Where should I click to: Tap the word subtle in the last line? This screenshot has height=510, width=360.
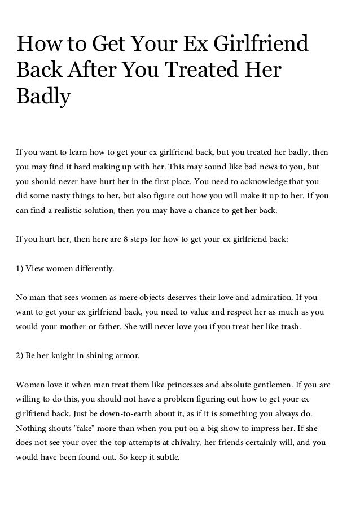(165, 457)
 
